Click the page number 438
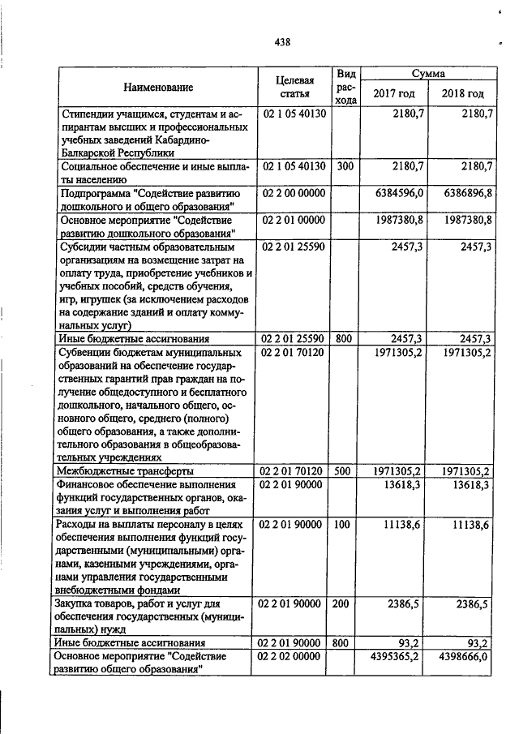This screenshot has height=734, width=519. coord(282,42)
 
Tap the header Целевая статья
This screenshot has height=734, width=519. coord(294,87)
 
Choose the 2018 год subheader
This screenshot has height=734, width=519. coord(462,94)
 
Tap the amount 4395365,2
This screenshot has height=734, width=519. coord(395,656)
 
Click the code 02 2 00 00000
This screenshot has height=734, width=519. coord(293,194)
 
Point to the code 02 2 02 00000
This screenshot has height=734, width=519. coord(293,656)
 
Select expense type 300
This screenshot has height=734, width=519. coord(345,166)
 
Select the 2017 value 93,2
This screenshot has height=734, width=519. coord(406,642)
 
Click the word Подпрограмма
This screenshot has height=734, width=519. coord(95,194)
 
